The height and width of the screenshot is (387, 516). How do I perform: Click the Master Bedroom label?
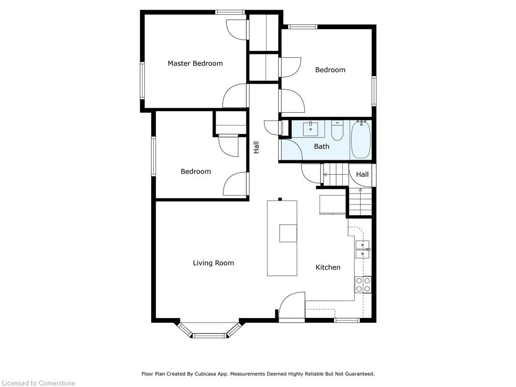click(195, 63)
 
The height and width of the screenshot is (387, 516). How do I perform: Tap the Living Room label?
click(213, 263)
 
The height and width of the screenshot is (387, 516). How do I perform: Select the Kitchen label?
click(328, 267)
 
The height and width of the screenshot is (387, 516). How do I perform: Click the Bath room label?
click(321, 147)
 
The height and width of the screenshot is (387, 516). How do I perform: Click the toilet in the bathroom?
click(337, 131)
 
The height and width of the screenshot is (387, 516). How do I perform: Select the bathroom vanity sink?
click(310, 128)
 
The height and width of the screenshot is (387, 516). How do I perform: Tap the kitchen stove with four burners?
click(363, 284)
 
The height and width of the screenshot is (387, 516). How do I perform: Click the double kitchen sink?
click(363, 249)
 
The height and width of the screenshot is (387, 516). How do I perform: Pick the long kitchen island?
click(282, 238)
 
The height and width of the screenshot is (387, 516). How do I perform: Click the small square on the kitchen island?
click(288, 233)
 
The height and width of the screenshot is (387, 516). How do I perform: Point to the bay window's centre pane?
click(209, 336)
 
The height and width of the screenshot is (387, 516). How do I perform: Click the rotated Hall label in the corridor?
click(256, 147)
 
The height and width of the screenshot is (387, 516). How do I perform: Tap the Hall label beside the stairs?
click(362, 174)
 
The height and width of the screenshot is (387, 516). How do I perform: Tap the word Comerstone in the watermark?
click(56, 383)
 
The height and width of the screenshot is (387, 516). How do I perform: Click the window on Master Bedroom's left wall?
click(143, 81)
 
